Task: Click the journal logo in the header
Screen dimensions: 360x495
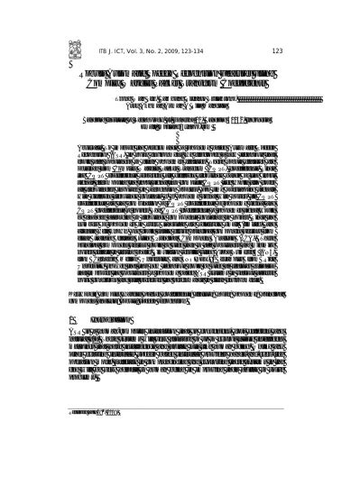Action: tap(73, 50)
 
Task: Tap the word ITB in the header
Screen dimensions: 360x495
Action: tap(101, 51)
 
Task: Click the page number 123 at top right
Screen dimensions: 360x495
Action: tap(277, 51)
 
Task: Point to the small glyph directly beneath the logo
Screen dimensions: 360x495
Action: tap(70, 64)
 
